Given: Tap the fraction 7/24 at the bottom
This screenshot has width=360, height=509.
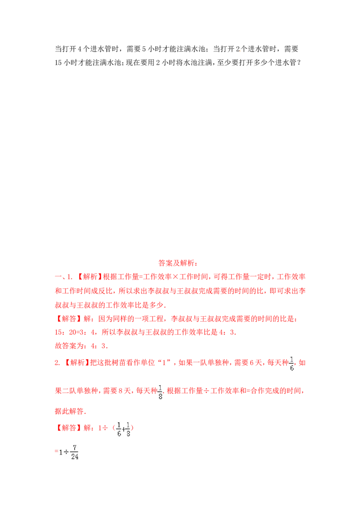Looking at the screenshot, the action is click(75, 452).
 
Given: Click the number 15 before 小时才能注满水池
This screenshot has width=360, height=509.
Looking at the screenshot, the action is click(58, 63).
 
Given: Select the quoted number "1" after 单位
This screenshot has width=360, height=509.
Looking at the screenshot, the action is click(164, 362).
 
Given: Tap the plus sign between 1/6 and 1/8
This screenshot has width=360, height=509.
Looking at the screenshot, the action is click(124, 429).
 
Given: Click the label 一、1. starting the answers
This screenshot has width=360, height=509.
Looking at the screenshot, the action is click(63, 277).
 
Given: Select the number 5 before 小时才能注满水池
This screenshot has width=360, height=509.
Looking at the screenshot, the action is click(144, 49).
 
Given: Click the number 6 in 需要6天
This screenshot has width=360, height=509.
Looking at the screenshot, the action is click(252, 362).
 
